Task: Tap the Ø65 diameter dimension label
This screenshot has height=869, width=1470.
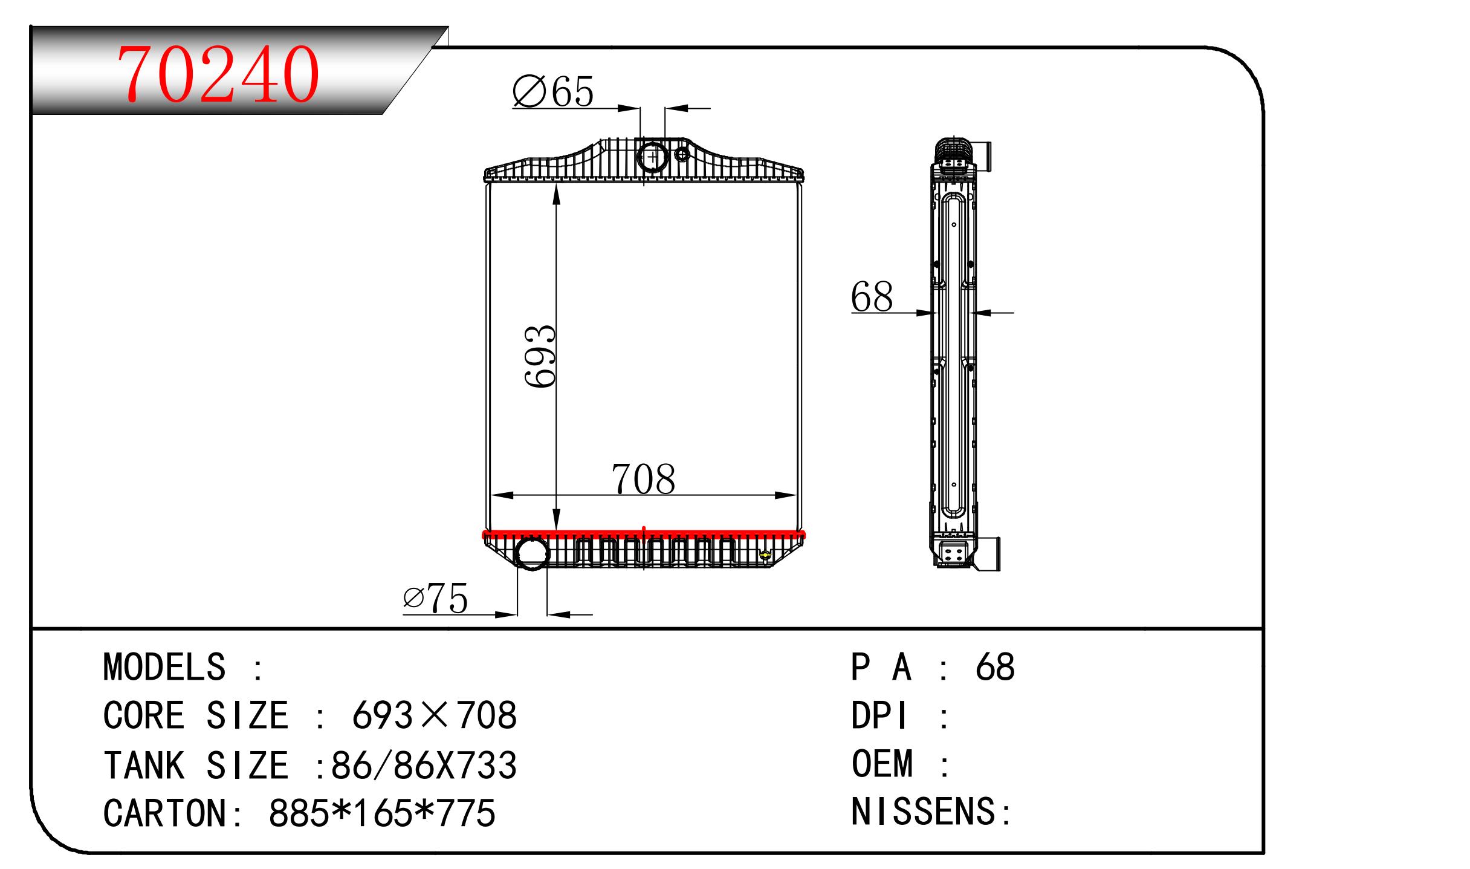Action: (552, 93)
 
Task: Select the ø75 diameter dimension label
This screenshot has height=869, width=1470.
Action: (435, 599)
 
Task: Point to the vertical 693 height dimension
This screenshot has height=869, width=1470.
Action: (540, 356)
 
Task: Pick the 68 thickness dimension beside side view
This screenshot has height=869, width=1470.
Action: (871, 298)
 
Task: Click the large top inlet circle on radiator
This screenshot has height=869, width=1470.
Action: (652, 155)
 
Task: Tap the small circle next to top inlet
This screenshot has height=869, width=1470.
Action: (682, 154)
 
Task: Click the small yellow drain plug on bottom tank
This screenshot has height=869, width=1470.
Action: (766, 555)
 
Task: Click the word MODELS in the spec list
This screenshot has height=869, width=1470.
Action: (164, 667)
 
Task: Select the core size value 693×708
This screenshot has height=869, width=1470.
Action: (434, 715)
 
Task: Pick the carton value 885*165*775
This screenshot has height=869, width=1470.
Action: (382, 813)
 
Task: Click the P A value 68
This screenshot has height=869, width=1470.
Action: (995, 667)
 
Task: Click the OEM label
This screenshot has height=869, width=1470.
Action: (882, 763)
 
